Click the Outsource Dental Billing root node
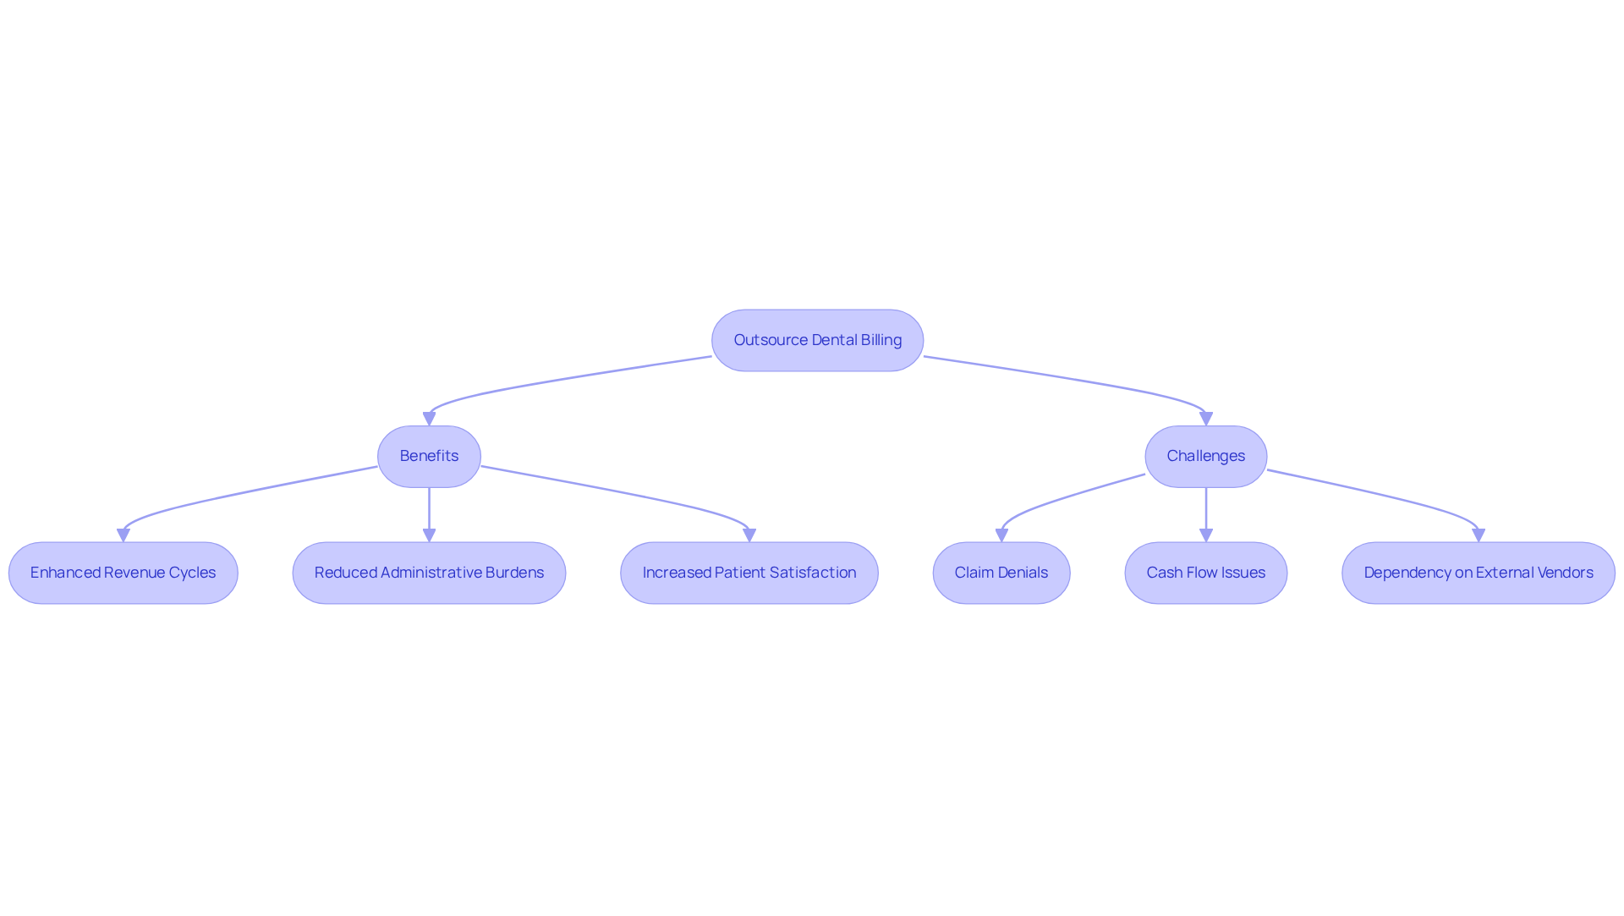point(817,340)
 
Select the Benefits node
point(429,457)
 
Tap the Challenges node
point(1206,457)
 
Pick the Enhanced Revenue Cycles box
point(123,573)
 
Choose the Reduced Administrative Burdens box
point(429,573)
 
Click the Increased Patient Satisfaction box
point(749,573)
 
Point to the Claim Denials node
point(1001,573)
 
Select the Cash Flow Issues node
point(1206,573)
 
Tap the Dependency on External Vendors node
point(1479,573)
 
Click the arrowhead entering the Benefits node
point(429,419)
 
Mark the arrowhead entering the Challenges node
point(1206,419)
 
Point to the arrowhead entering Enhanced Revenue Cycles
point(123,535)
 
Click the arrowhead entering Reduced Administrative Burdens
point(429,535)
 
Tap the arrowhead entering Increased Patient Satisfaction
point(749,535)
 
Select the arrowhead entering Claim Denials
point(1001,535)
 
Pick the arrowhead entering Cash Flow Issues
point(1206,535)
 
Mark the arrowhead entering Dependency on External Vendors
point(1479,535)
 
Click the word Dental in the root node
point(834,340)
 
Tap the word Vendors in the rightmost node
point(1565,573)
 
